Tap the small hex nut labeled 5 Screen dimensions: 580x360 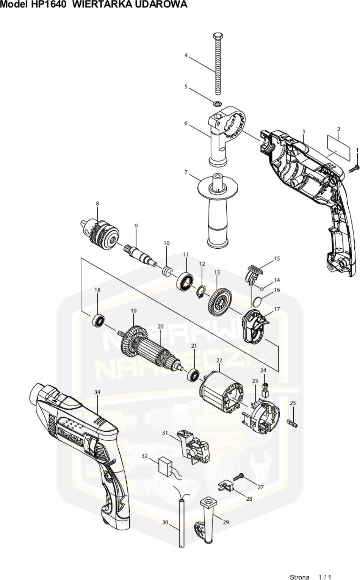coord(217,103)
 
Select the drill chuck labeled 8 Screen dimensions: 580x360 coord(100,232)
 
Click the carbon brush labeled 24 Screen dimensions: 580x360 coord(265,390)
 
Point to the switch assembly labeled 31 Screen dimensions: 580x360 coord(196,448)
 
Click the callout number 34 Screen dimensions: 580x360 coord(97,392)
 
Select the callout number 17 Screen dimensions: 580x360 coord(277,309)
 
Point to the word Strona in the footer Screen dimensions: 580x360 coord(299,577)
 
